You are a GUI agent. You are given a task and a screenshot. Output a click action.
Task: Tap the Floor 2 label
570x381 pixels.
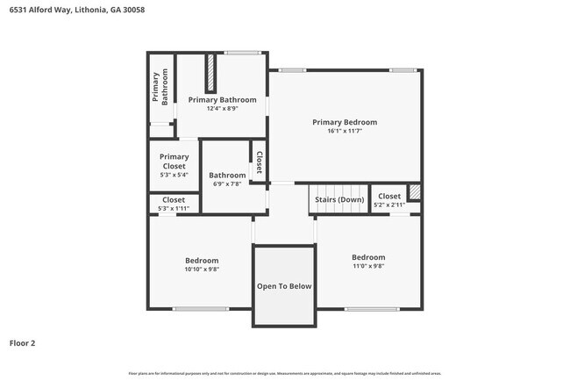tap(23, 343)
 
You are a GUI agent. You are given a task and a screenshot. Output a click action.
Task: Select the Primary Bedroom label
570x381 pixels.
tap(345, 122)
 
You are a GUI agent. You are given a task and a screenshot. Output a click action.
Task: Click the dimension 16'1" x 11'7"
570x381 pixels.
tap(345, 131)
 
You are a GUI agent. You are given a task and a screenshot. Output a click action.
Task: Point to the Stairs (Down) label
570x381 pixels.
tap(339, 198)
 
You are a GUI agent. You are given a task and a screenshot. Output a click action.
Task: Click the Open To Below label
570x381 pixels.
tap(283, 286)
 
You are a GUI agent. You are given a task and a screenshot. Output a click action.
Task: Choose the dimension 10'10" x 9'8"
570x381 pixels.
tap(201, 270)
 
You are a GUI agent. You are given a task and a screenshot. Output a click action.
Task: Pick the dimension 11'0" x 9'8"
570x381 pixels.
tap(368, 266)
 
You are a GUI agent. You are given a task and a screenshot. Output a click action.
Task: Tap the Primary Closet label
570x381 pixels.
tap(174, 162)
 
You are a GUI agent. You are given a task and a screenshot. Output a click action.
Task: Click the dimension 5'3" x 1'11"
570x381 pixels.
tap(174, 208)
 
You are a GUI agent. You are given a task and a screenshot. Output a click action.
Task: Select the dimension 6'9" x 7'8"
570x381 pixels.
tap(227, 183)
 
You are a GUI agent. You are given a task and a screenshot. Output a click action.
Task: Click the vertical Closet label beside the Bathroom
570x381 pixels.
tap(260, 162)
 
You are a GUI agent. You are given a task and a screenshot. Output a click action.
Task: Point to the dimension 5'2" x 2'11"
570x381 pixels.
tap(388, 205)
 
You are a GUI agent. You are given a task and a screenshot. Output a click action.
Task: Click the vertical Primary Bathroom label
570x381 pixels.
tap(160, 88)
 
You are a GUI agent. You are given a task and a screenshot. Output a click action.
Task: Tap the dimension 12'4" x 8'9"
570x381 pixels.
tap(222, 109)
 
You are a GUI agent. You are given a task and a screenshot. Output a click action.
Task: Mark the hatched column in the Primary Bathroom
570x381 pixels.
tap(210, 73)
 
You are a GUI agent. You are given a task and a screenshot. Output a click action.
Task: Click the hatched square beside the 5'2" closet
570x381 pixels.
tap(414, 192)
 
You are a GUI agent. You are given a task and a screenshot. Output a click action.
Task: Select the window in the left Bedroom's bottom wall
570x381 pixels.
tap(201, 308)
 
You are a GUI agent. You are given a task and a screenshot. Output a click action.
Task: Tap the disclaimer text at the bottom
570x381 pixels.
tap(284, 372)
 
